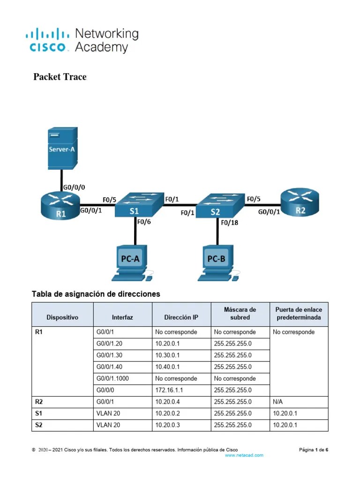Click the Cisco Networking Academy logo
point(82,40)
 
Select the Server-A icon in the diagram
point(61,150)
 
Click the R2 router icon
point(300,204)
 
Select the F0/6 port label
point(143,223)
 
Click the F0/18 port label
point(230,223)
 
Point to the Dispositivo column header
point(62,317)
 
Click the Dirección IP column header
point(181,317)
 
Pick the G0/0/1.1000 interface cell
point(113,378)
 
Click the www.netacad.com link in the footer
point(244,455)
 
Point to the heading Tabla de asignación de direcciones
point(96,294)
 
